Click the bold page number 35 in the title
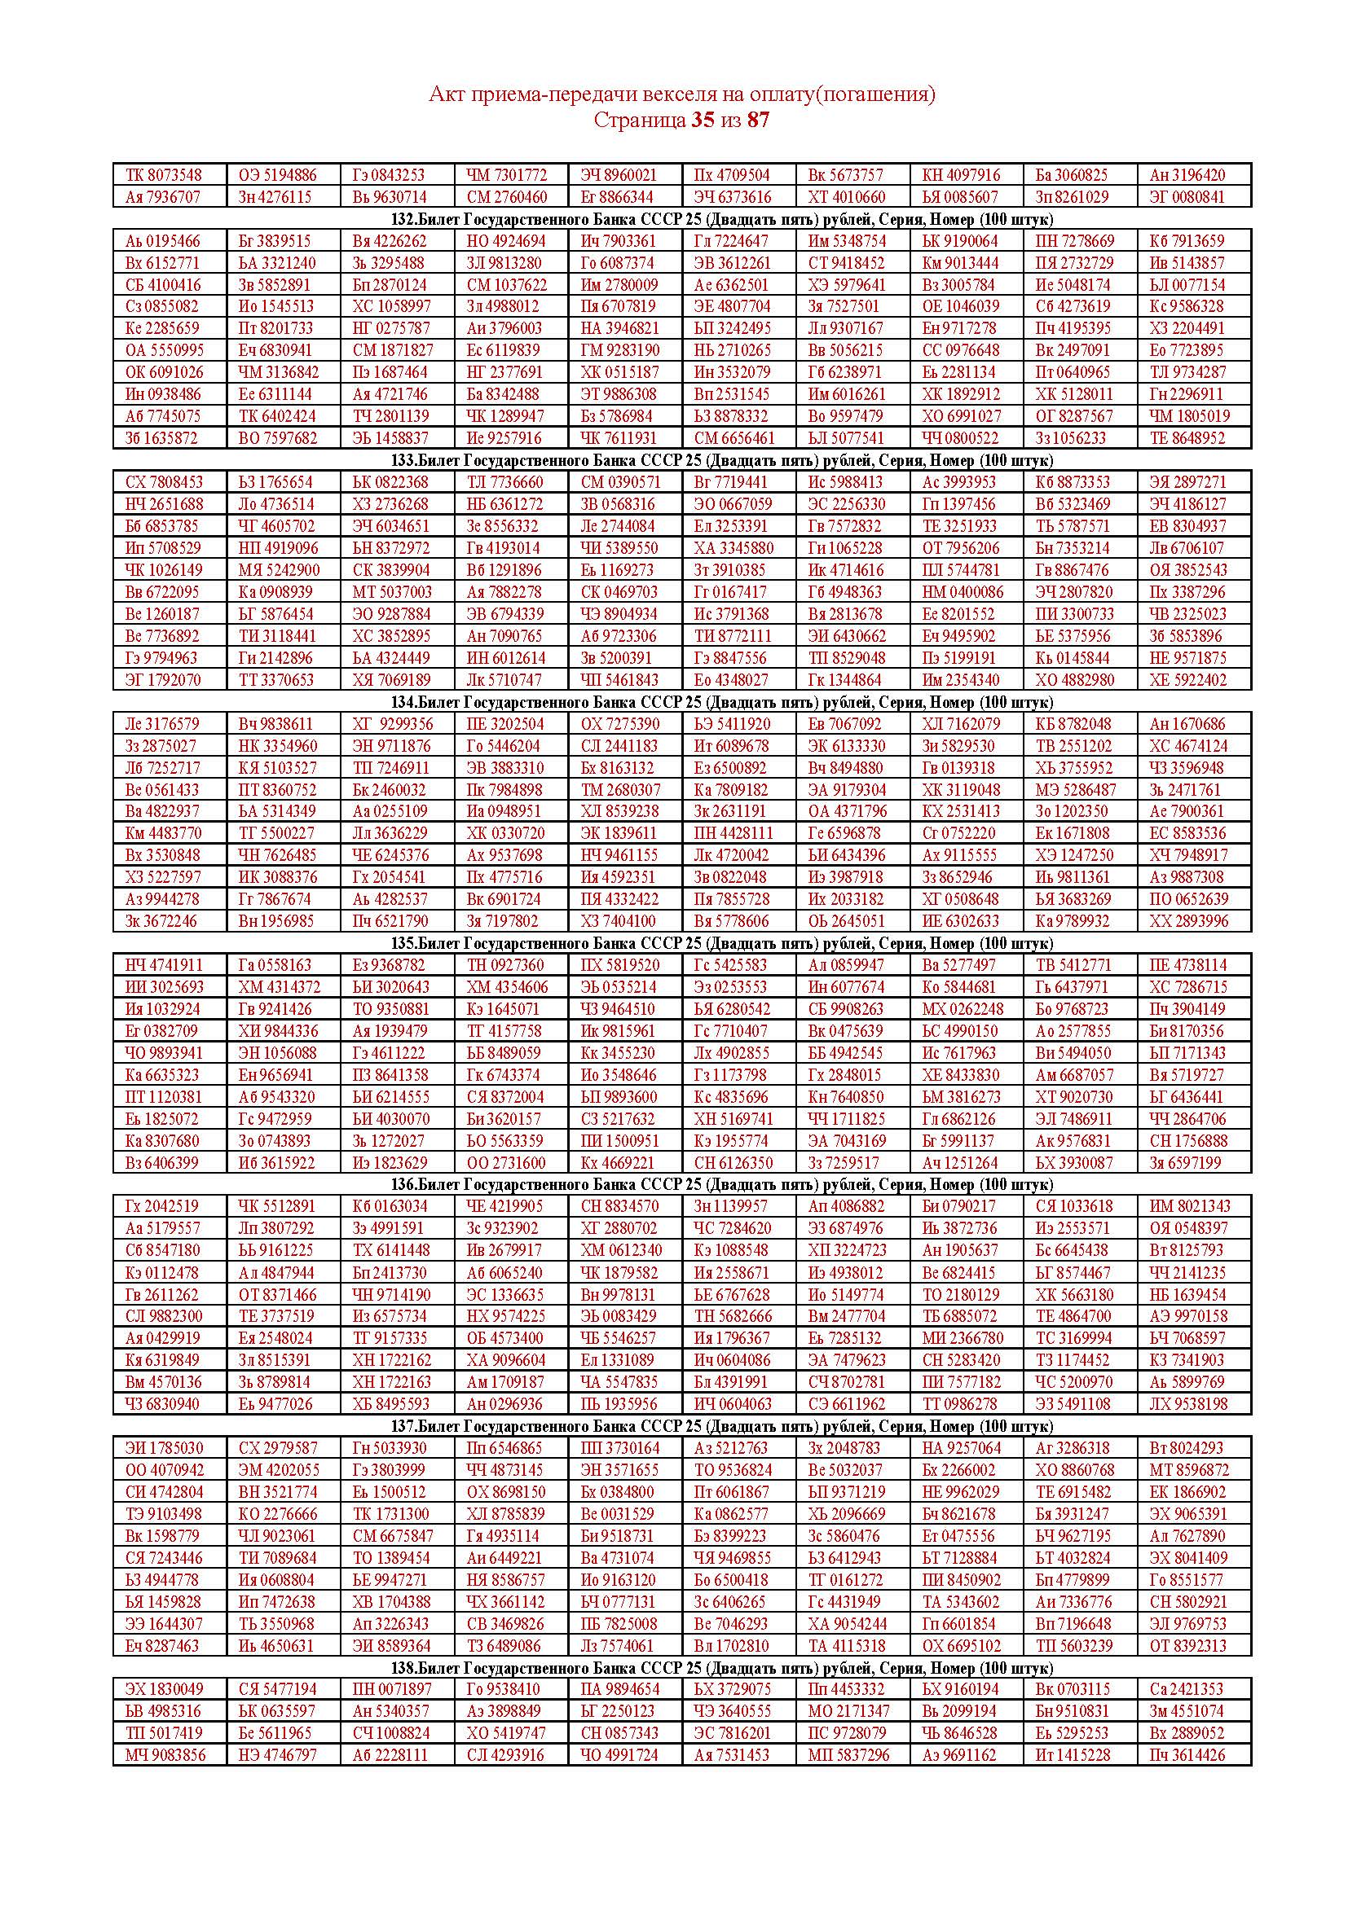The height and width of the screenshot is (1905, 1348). click(x=702, y=121)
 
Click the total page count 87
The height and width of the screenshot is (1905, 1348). click(x=758, y=121)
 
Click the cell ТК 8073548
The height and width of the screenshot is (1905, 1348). click(x=164, y=175)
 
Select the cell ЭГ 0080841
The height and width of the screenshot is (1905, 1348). click(x=1187, y=197)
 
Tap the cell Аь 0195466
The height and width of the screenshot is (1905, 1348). click(x=164, y=241)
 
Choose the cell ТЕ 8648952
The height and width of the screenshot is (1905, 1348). click(x=1187, y=438)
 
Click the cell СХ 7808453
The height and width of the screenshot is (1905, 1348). click(x=164, y=482)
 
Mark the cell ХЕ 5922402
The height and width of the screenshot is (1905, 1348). click(x=1187, y=679)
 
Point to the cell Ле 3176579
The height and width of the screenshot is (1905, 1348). click(x=164, y=723)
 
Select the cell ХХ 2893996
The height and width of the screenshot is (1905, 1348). click(x=1187, y=921)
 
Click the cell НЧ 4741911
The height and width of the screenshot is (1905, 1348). click(x=164, y=965)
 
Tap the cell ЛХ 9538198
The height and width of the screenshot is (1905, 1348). click(x=1187, y=1404)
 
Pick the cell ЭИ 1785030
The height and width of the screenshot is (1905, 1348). click(x=164, y=1448)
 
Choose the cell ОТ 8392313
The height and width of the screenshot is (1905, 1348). click(x=1187, y=1645)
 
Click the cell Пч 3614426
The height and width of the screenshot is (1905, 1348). click(x=1187, y=1755)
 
